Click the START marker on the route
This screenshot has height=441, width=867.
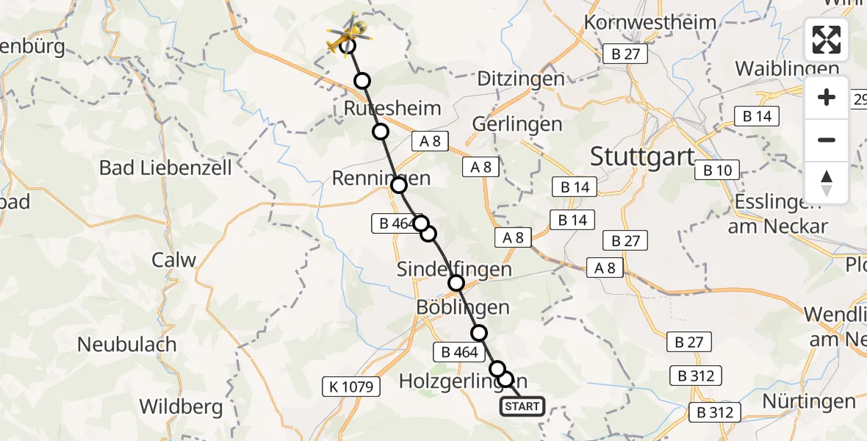point(522,406)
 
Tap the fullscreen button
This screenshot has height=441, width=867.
point(827,40)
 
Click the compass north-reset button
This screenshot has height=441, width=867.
point(827,183)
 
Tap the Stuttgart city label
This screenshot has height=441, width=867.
point(641,157)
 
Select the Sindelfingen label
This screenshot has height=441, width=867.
point(454,269)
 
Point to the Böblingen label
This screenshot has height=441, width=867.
point(462,307)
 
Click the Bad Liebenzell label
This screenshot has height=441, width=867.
point(165,168)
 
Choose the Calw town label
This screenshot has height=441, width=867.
point(174,259)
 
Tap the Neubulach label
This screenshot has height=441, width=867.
point(127,344)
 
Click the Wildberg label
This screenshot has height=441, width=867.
point(181,406)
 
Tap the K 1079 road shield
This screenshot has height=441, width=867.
point(348,386)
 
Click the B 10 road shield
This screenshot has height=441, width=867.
point(717,171)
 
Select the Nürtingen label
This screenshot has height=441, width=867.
point(809,401)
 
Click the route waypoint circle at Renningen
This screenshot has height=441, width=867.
point(399,185)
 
